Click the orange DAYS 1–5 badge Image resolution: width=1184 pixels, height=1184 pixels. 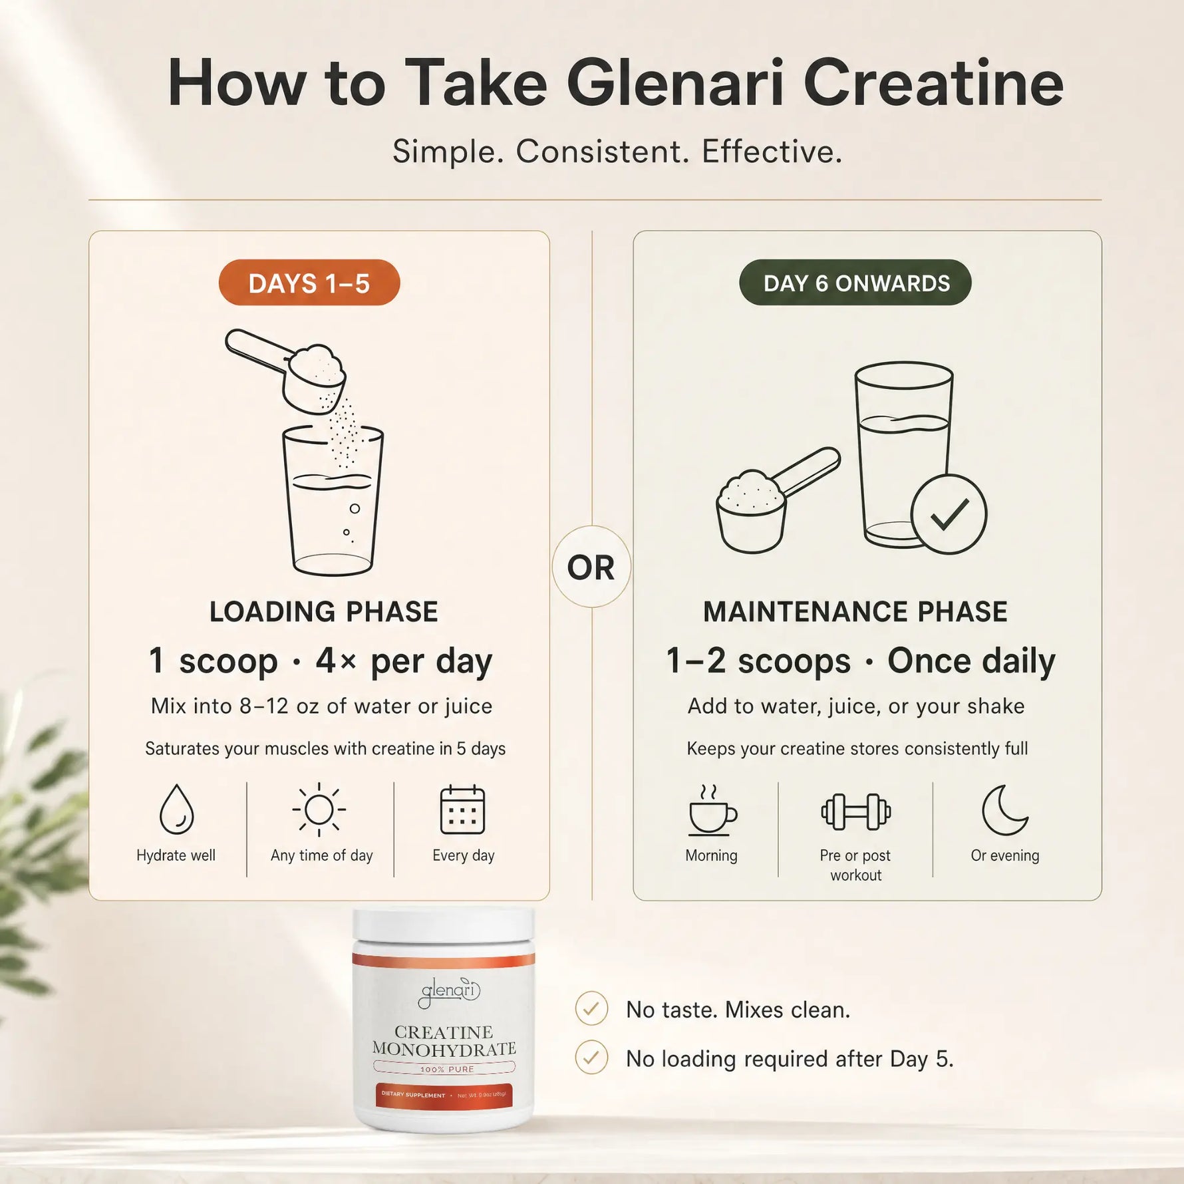click(x=309, y=283)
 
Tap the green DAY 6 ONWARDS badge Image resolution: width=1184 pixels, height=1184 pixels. click(x=855, y=283)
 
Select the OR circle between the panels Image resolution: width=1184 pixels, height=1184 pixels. click(x=591, y=567)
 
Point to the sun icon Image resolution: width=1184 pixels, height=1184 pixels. click(x=319, y=810)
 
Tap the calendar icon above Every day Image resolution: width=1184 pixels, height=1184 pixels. click(x=463, y=810)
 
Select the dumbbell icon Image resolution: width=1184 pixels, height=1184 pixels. click(x=856, y=812)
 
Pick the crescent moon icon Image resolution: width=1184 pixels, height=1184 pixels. click(x=1005, y=810)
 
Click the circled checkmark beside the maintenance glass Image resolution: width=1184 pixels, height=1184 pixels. click(x=949, y=514)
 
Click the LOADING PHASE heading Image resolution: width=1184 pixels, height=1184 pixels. click(x=324, y=612)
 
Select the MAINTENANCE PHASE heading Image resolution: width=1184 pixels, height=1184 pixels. click(x=855, y=612)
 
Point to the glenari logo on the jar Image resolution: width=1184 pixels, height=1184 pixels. click(x=450, y=991)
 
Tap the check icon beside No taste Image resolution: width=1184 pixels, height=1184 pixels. click(x=591, y=1009)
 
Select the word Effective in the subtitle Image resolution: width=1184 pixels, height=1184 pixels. click(x=772, y=152)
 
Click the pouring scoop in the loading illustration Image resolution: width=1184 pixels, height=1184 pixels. click(x=286, y=369)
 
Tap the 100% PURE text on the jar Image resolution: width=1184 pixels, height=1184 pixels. click(x=447, y=1070)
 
